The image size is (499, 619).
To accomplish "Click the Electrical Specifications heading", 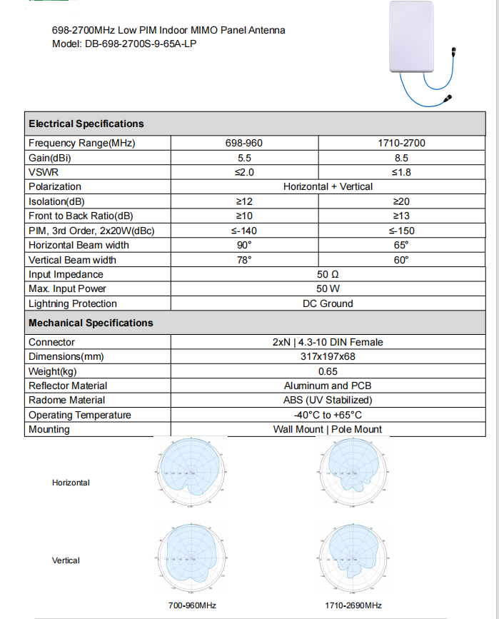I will pos(86,124).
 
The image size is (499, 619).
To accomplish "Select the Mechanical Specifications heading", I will pos(91,323).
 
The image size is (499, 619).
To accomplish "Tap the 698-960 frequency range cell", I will pos(244,143).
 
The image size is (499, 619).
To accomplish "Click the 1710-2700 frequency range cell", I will pos(401,143).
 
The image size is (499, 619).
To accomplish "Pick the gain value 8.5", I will pos(401,158).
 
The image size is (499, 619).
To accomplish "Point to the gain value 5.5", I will pos(244,158).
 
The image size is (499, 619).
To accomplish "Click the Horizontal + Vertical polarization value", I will pos(328,186).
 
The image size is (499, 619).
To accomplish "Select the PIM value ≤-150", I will pos(401,231).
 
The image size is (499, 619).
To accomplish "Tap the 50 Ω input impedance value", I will pos(328,274).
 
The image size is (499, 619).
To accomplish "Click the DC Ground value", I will pos(328,303).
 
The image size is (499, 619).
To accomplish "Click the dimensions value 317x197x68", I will pos(328,356).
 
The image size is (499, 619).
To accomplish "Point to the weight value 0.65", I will pos(328,371).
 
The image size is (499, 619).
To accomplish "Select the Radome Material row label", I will pos(66,400).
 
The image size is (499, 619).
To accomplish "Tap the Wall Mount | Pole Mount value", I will pos(328,429).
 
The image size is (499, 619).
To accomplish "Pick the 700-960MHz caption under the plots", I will pos(192,605).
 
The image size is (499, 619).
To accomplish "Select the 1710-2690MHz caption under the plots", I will pos(353,605).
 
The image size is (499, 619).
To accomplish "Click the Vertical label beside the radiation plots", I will pos(66,560).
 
